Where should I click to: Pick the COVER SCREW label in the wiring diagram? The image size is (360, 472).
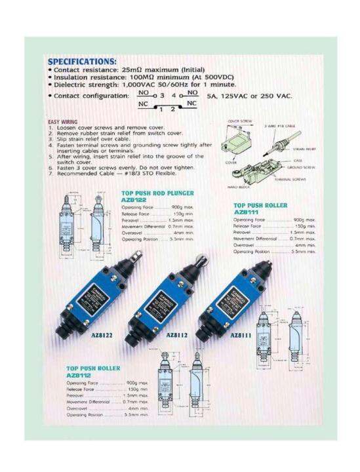click(x=237, y=121)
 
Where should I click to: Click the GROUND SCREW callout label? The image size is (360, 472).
click(x=305, y=167)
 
